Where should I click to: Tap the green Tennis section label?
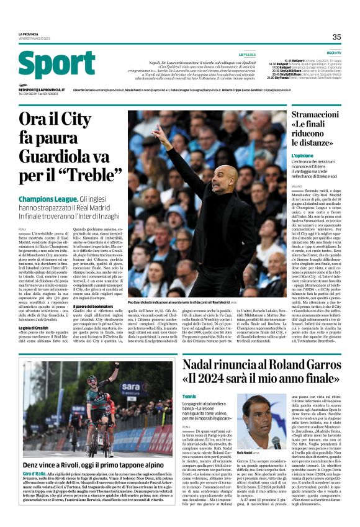(189, 378)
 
